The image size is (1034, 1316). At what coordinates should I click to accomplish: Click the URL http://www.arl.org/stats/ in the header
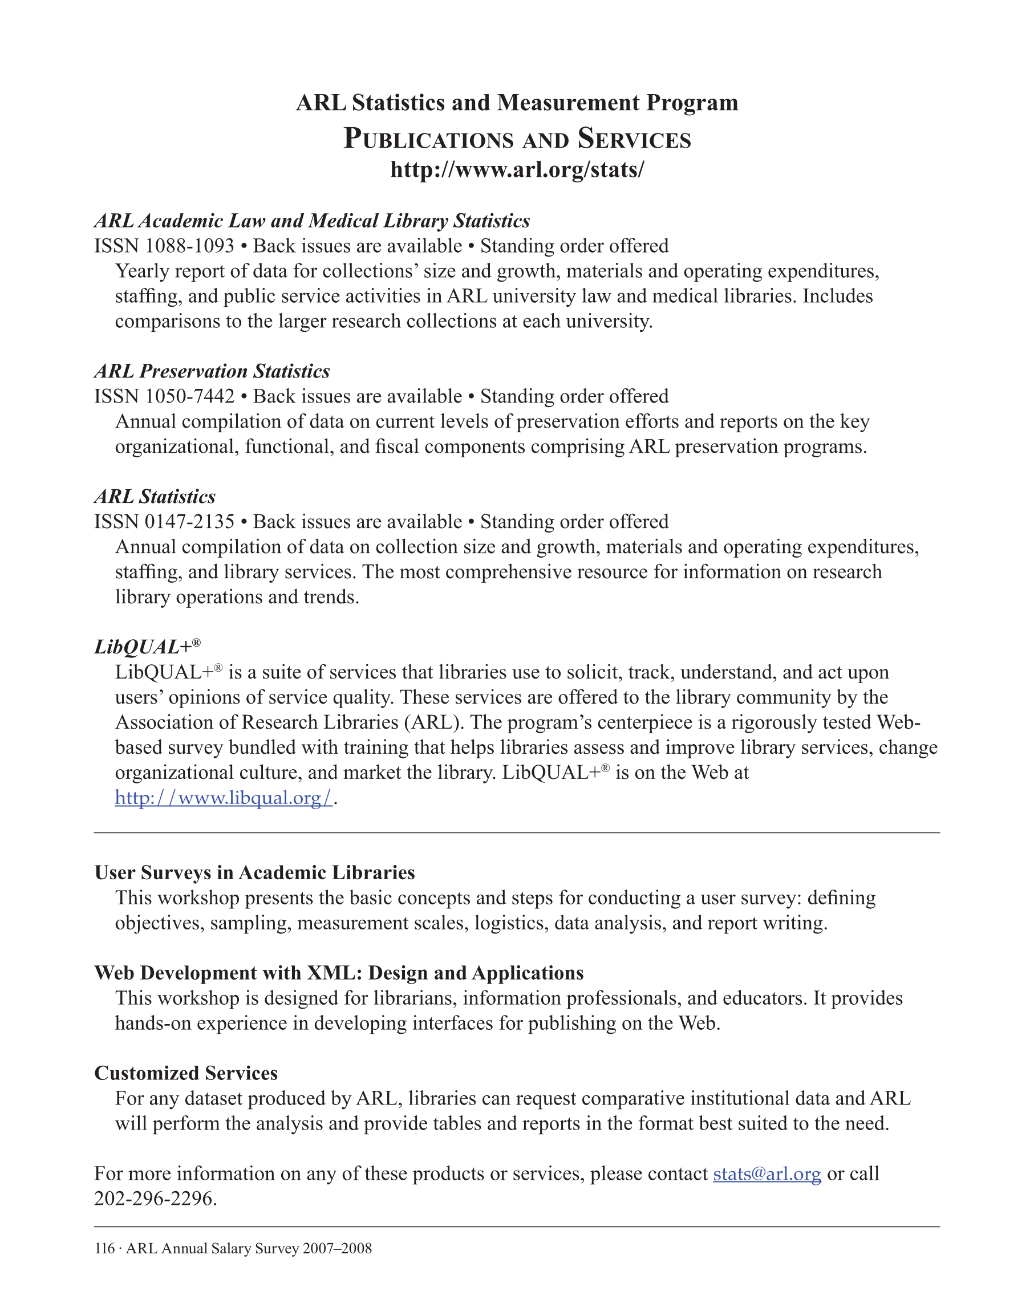[x=517, y=169]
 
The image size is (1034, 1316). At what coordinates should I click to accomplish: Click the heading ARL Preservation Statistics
[x=212, y=371]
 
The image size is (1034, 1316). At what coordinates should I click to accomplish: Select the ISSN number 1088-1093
[x=189, y=246]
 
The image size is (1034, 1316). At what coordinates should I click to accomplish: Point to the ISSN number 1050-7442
[x=189, y=396]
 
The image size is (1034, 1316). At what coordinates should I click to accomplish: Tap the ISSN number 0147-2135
[x=189, y=522]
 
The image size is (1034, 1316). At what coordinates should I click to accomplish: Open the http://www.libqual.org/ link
[x=224, y=798]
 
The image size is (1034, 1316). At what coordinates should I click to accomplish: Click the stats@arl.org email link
[x=767, y=1174]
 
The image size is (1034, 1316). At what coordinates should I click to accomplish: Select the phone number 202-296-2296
[x=155, y=1199]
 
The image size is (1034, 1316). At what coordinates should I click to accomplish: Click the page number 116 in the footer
[x=104, y=1249]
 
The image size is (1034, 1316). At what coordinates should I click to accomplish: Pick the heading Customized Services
[x=186, y=1073]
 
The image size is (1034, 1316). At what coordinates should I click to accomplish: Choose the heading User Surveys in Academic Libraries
[x=254, y=873]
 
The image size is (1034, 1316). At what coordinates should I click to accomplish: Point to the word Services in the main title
[x=634, y=139]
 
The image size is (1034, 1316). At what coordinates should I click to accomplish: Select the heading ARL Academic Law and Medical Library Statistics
[x=312, y=221]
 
